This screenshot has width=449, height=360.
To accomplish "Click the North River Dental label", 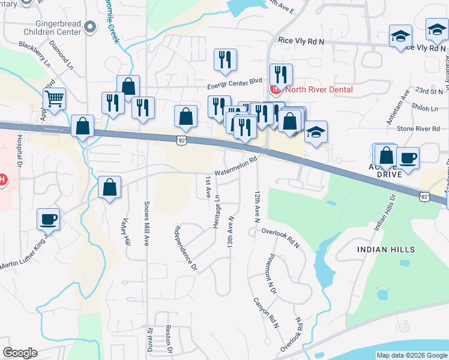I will pyautogui.click(x=318, y=90).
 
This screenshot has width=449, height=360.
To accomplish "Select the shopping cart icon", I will pyautogui.click(x=54, y=98).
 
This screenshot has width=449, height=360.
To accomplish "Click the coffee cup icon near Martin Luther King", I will pyautogui.click(x=48, y=219).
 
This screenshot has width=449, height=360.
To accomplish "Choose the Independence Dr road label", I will pyautogui.click(x=186, y=247).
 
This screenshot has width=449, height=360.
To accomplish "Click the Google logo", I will pyautogui.click(x=19, y=353).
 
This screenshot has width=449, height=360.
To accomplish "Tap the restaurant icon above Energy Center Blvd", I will pyautogui.click(x=226, y=59).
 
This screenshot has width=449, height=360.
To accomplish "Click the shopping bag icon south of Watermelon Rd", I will pyautogui.click(x=110, y=187).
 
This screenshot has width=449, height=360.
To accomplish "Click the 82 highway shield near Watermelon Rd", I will pyautogui.click(x=181, y=140).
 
